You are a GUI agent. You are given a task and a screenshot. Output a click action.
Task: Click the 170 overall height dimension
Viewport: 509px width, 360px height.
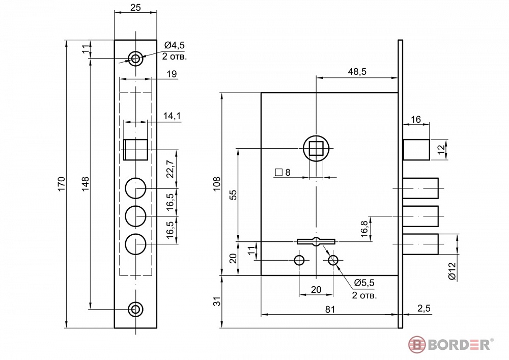(62, 184)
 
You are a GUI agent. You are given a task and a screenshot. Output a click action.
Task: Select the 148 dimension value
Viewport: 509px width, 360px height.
(85, 184)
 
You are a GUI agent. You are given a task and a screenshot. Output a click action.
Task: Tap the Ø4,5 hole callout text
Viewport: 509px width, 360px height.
(174, 45)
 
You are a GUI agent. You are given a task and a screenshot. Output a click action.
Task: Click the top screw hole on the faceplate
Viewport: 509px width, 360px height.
(135, 59)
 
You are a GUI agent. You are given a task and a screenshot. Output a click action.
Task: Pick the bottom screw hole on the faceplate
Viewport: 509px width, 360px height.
(135, 309)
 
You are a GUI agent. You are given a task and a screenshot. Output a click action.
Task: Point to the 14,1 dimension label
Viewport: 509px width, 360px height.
(172, 116)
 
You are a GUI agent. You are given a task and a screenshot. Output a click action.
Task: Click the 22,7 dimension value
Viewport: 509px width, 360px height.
(170, 169)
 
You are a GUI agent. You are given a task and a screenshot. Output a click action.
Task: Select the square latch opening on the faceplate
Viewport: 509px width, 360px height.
(136, 150)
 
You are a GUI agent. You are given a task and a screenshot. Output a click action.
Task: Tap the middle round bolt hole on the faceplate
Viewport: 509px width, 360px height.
(136, 216)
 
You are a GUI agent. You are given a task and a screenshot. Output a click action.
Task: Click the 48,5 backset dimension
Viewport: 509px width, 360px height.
(357, 72)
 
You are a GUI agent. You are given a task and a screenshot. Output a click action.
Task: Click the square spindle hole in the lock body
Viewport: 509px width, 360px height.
(316, 149)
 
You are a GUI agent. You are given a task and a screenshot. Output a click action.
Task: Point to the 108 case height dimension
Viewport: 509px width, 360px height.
(216, 184)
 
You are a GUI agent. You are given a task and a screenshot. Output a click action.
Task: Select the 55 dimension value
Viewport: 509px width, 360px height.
(233, 195)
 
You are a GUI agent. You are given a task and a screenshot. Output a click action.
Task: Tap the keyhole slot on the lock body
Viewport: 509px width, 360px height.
(316, 241)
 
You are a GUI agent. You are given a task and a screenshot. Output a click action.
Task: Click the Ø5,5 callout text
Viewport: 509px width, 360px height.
(364, 283)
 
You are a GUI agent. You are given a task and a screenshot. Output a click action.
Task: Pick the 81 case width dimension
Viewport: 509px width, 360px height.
(330, 310)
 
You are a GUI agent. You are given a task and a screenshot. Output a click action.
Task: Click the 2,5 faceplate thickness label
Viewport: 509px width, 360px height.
(424, 308)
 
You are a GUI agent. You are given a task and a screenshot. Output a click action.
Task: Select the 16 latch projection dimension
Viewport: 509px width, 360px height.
(416, 120)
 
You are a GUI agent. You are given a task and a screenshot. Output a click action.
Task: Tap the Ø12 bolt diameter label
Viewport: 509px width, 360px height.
(452, 271)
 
